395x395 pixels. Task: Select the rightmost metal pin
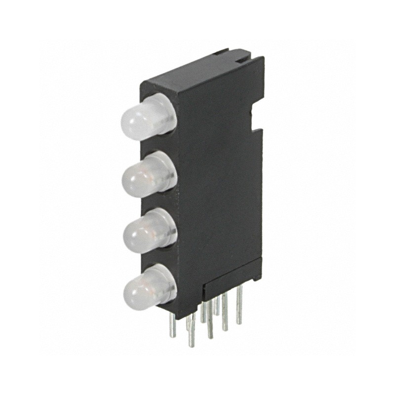[239, 306]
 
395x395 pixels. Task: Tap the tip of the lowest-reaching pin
[191, 344]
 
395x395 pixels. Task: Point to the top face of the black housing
[197, 69]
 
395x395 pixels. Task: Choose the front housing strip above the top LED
[158, 89]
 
